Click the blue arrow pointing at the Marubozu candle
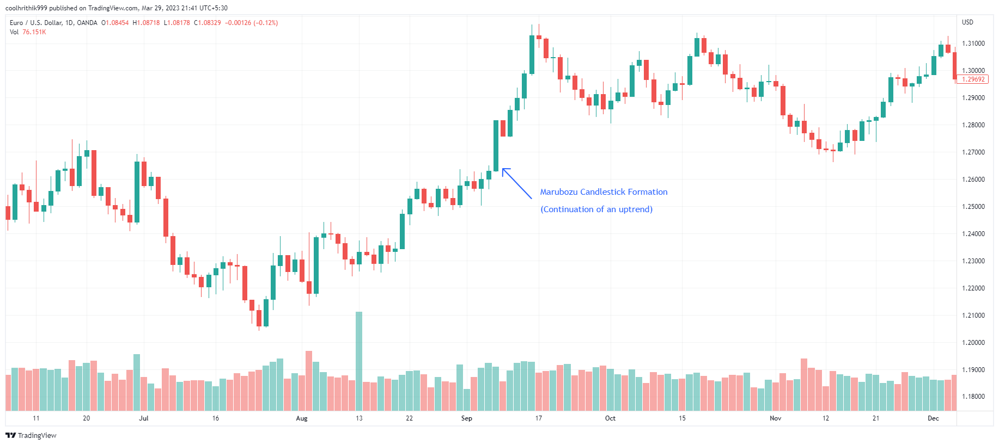516,183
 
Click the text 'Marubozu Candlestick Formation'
604,192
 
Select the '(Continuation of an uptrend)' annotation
596,209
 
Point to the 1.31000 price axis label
973,44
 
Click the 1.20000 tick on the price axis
973,343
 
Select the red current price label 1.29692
973,79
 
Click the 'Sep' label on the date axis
467,418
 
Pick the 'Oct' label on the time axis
610,418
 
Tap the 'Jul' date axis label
144,418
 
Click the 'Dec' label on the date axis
934,418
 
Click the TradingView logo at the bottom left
31,435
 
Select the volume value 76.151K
34,32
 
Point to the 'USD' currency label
967,22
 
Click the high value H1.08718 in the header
147,23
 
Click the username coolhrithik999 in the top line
26,8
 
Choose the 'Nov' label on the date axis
776,418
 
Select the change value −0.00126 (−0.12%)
252,23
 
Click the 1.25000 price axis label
973,207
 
